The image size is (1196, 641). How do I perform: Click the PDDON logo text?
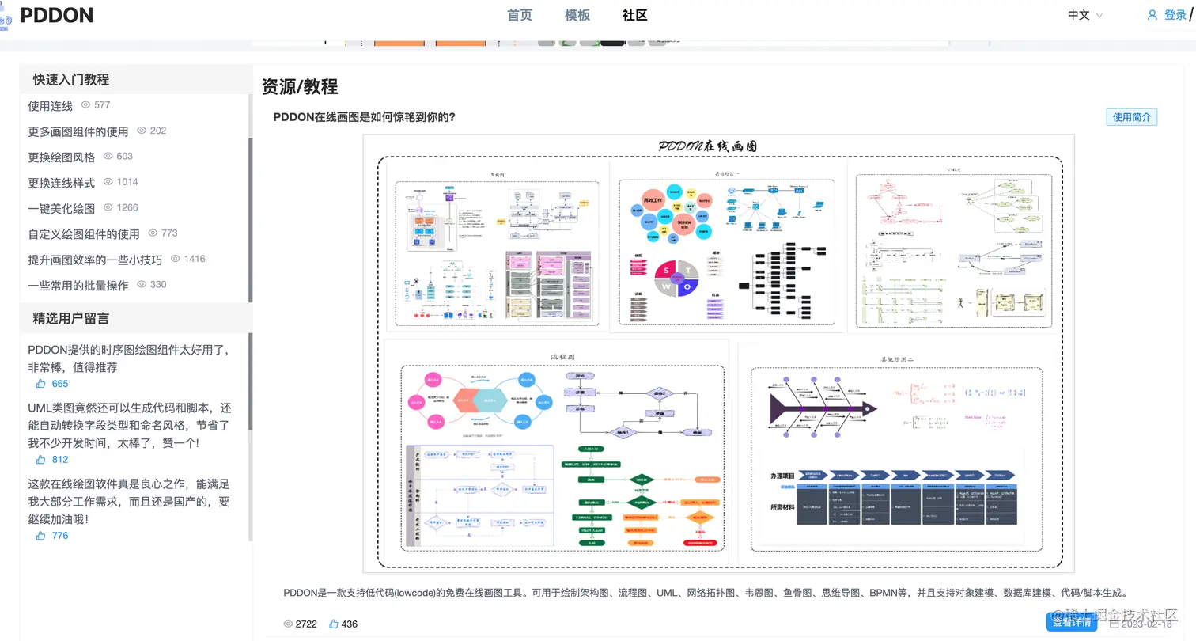(x=57, y=15)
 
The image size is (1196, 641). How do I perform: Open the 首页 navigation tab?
(x=520, y=15)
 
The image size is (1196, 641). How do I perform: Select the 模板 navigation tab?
(x=577, y=15)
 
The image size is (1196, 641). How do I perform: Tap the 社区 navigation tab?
(x=635, y=15)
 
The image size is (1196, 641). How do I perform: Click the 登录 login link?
(x=1175, y=15)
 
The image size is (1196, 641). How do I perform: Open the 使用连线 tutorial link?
(x=50, y=105)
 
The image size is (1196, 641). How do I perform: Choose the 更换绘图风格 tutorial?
(x=61, y=157)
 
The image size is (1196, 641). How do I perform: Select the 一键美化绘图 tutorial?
(x=61, y=208)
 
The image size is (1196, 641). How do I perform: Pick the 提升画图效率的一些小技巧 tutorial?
(x=95, y=260)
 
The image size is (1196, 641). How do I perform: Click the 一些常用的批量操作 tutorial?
(x=78, y=285)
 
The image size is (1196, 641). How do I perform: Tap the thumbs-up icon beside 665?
(x=41, y=384)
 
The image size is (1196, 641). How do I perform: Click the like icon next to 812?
(x=41, y=460)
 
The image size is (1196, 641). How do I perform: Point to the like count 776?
(x=60, y=536)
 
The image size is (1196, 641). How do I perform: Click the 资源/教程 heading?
(x=300, y=87)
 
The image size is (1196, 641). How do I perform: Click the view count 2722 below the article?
(x=306, y=624)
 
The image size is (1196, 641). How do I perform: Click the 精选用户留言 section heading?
(x=71, y=318)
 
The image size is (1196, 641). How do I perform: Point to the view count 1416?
(x=194, y=259)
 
